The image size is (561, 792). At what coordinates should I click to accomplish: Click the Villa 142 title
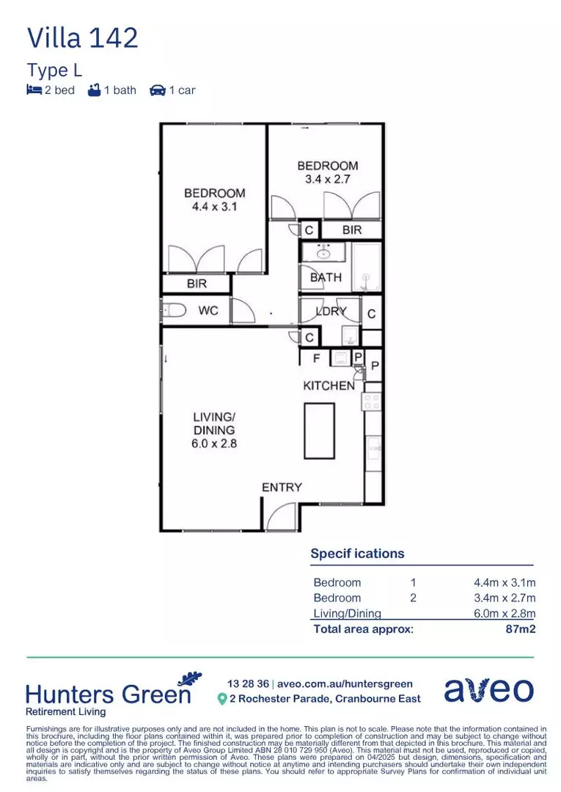(x=82, y=38)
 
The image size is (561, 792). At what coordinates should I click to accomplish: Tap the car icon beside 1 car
(x=158, y=90)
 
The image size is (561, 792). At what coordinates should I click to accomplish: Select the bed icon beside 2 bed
(x=34, y=90)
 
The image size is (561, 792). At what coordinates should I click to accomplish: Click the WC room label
(x=208, y=310)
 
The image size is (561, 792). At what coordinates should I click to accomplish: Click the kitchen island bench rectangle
(x=319, y=430)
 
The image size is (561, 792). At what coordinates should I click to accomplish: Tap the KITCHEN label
(x=329, y=386)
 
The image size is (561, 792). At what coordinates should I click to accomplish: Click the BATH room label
(x=326, y=277)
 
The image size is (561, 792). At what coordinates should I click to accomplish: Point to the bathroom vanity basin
(x=323, y=252)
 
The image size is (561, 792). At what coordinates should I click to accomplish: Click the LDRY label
(x=331, y=311)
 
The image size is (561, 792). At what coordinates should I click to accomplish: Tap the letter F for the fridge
(x=317, y=358)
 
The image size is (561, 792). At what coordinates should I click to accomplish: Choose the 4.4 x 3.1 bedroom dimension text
(x=215, y=207)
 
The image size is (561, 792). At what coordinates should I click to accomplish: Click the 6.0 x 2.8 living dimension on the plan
(x=214, y=444)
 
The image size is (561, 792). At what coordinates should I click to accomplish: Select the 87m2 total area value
(x=521, y=629)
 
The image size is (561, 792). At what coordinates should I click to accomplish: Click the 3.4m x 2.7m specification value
(x=505, y=598)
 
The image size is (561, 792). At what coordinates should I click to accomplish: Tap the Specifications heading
(x=358, y=554)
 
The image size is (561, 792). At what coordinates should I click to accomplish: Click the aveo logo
(x=489, y=690)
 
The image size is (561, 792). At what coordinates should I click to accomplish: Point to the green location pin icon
(x=221, y=699)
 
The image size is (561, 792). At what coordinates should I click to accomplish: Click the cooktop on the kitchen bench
(x=372, y=402)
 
